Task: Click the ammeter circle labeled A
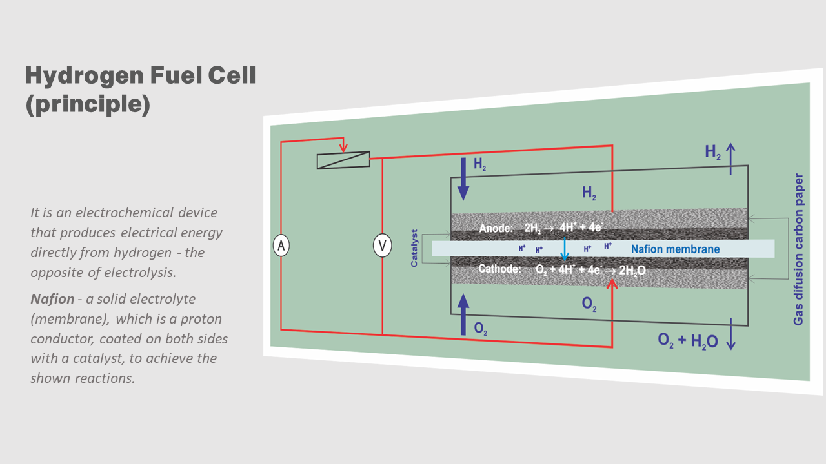281,246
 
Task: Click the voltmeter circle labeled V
382,246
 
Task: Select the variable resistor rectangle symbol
343,160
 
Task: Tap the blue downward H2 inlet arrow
463,179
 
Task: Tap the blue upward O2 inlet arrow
463,314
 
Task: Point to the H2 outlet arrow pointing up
730,159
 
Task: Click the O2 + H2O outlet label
687,340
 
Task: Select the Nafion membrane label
675,249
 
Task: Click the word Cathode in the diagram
499,269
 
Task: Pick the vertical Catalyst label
414,247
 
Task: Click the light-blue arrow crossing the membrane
565,249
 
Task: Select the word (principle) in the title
88,104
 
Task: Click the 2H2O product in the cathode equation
632,270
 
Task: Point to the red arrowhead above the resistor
344,146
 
